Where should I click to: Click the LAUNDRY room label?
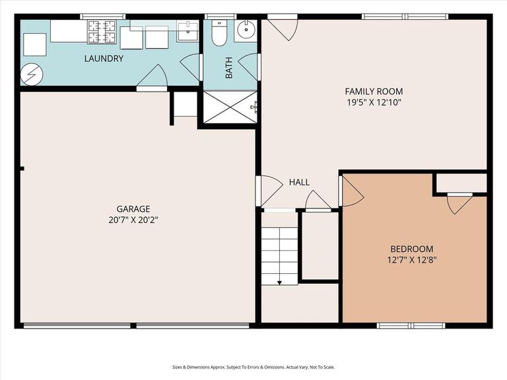104,59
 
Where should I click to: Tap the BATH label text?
229,69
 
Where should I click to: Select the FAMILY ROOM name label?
374,91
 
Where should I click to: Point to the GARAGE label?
134,208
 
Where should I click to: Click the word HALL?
299,183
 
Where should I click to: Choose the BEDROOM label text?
411,249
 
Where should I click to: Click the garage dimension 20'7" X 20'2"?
134,220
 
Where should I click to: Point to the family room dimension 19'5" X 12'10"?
374,102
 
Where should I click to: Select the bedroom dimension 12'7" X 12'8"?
411,260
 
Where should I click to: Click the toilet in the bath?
219,31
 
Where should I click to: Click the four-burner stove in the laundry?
102,31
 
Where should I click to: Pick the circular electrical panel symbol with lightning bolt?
30,75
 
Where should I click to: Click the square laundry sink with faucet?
188,28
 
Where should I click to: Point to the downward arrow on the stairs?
280,282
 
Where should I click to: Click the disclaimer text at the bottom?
253,367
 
